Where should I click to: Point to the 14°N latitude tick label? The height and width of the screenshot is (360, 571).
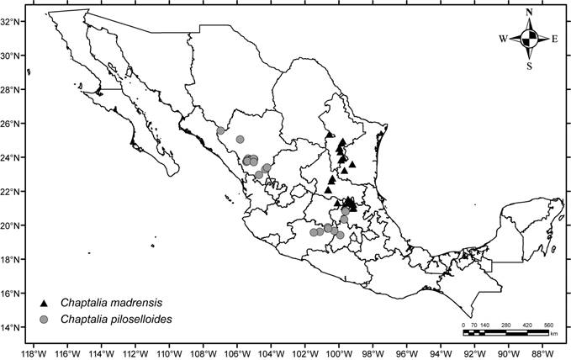point(12,327)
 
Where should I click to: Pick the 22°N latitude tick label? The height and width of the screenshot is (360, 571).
point(12,192)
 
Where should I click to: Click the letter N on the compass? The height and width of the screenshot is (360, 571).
point(529,13)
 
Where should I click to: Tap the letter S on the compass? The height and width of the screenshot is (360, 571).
point(529,65)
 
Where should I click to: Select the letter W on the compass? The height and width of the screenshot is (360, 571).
point(503,39)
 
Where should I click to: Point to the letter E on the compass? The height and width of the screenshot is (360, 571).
point(554,39)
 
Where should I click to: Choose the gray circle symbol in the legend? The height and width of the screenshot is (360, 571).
point(44,319)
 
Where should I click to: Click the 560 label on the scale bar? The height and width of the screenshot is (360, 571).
point(548,325)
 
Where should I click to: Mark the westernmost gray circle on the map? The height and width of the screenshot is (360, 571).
point(220,130)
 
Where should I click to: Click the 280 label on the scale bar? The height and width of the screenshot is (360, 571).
point(505,325)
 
